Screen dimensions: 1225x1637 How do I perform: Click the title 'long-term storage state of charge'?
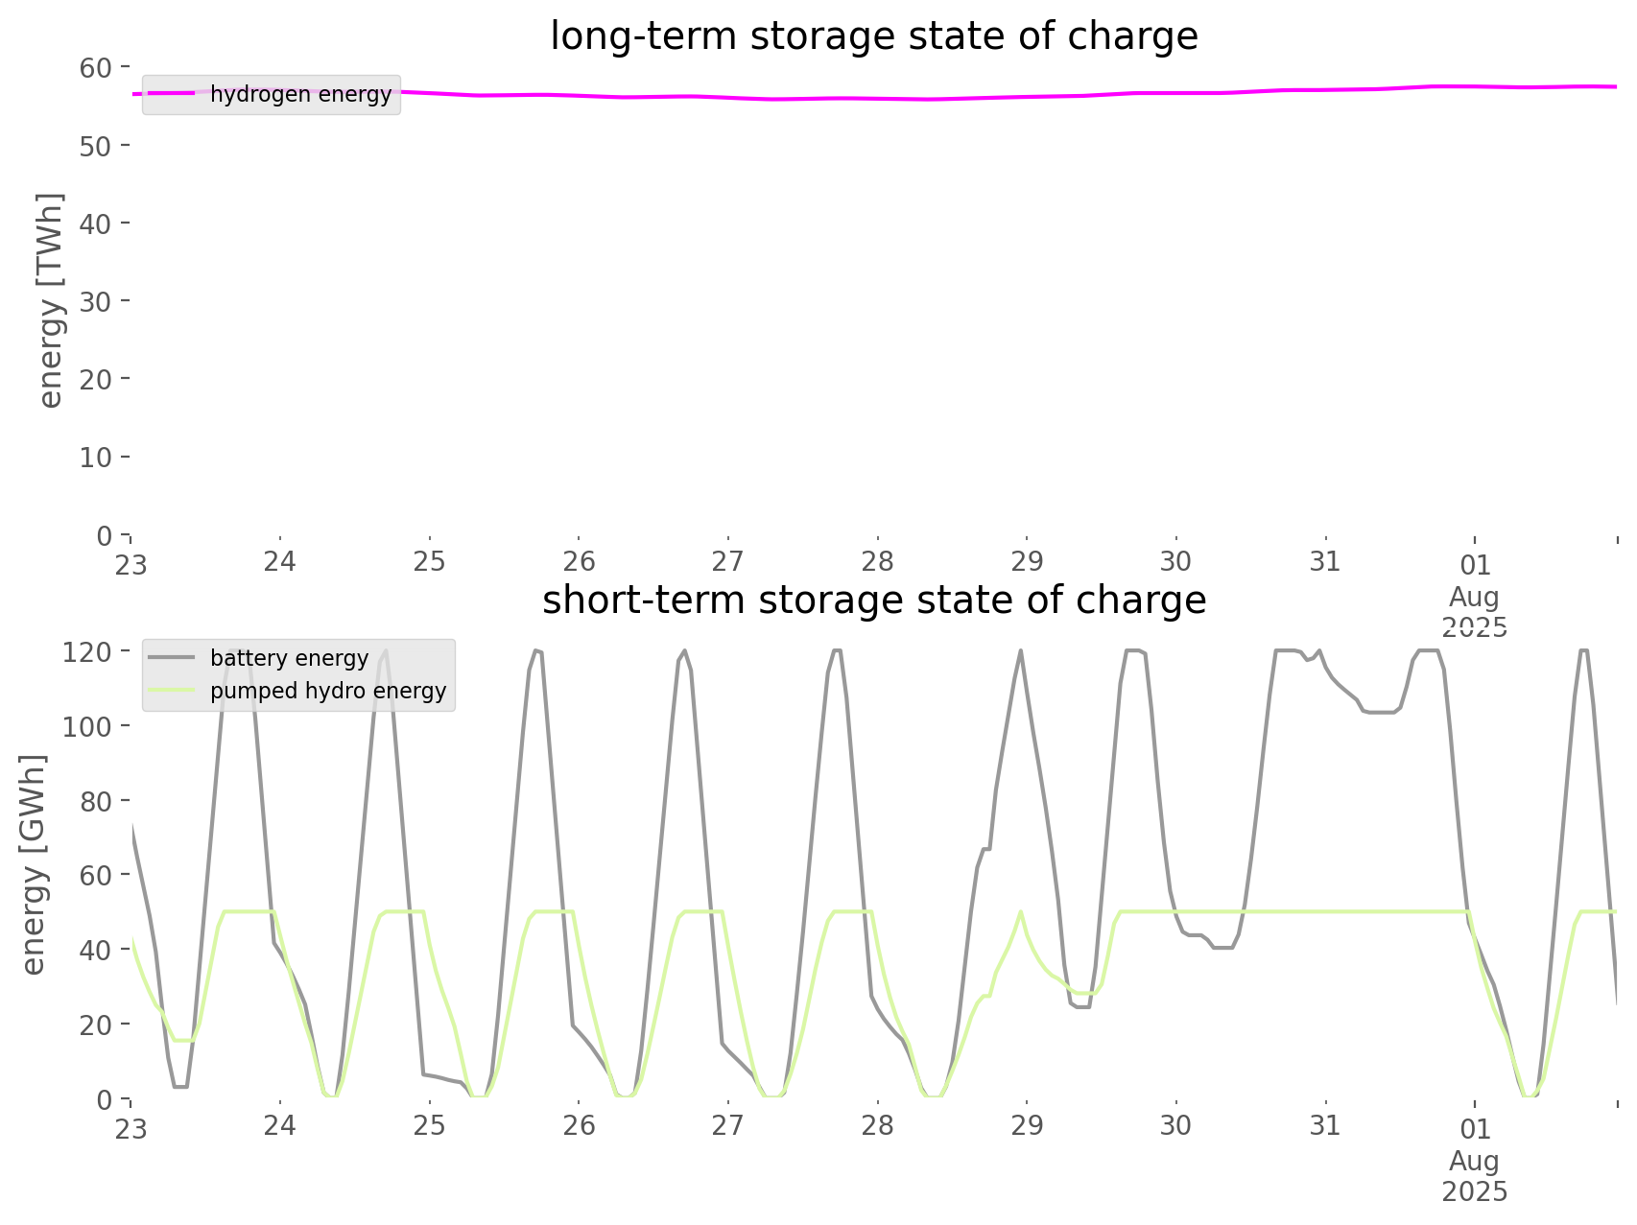[x=873, y=36]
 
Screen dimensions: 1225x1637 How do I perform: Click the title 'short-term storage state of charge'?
[x=873, y=601]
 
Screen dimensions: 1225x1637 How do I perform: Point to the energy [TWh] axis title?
[x=51, y=300]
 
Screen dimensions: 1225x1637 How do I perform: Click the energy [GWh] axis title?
[x=34, y=864]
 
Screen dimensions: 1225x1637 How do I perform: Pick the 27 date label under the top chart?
[x=728, y=561]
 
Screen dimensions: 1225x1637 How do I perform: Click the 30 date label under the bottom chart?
[x=1175, y=1125]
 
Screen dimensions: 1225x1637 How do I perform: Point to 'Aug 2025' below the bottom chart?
[x=1475, y=1176]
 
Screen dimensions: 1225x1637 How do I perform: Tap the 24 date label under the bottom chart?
[x=280, y=1125]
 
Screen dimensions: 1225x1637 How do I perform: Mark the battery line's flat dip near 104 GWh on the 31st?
[x=1380, y=712]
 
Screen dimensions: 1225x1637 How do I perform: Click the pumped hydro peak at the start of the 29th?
[x=1021, y=911]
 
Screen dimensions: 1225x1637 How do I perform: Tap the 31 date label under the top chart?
[x=1325, y=561]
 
